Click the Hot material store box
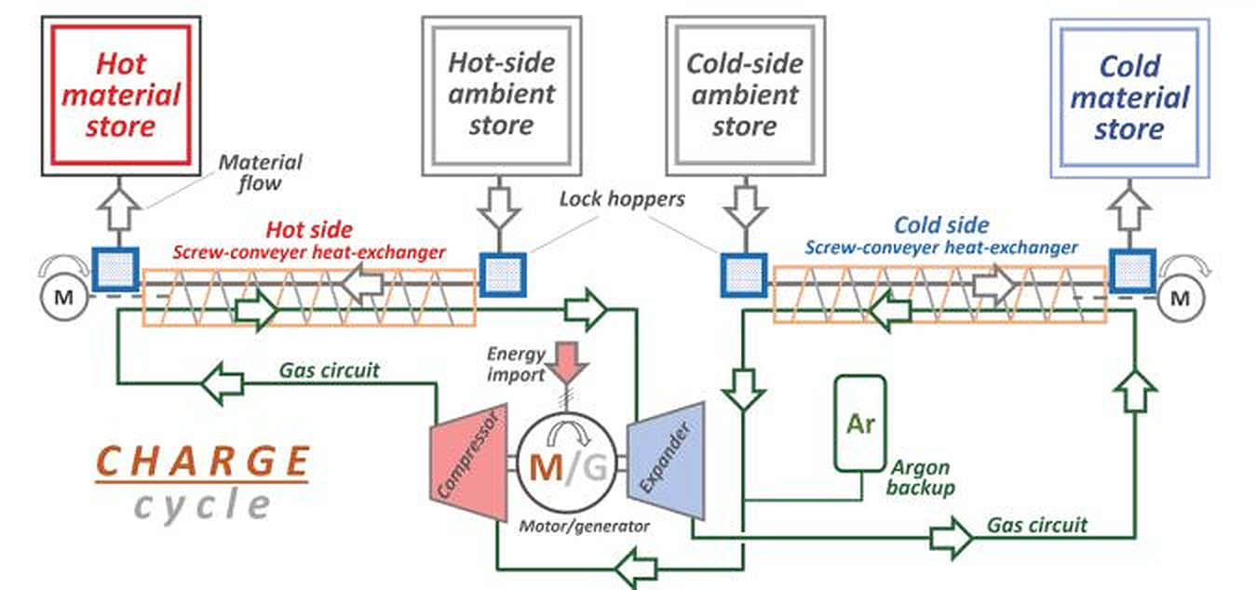pyautogui.click(x=121, y=95)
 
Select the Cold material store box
pyautogui.click(x=1129, y=97)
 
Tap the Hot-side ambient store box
pyautogui.click(x=501, y=94)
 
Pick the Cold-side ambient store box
pyautogui.click(x=744, y=94)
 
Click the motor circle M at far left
pyautogui.click(x=61, y=298)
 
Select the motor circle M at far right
pyautogui.click(x=1180, y=298)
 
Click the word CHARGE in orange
pyautogui.click(x=202, y=462)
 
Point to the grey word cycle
pyautogui.click(x=202, y=505)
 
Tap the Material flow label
pyautogui.click(x=260, y=172)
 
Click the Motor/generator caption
pyautogui.click(x=584, y=527)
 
